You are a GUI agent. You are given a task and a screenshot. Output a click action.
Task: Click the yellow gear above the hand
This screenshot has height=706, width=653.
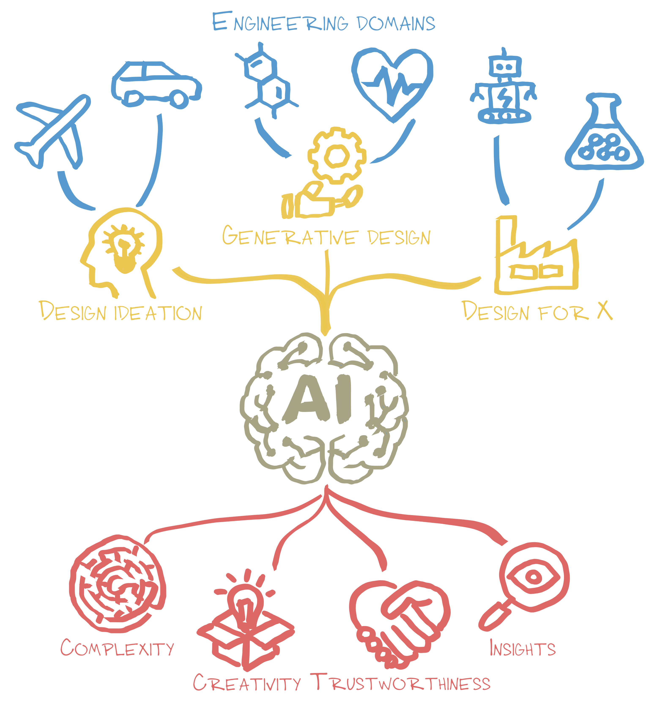pyautogui.click(x=336, y=156)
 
